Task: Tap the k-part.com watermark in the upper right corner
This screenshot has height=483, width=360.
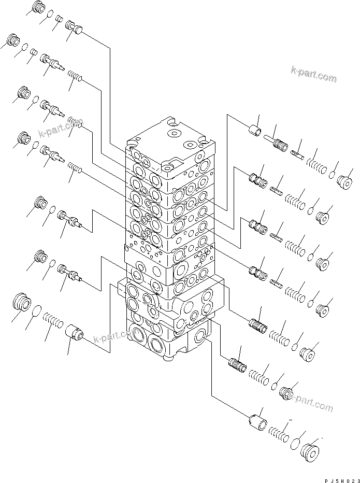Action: point(313,75)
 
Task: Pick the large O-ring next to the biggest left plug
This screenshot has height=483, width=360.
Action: point(36,312)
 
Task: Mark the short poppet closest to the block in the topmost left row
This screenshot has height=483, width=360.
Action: point(74,29)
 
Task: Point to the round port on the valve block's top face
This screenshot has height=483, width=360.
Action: point(172,134)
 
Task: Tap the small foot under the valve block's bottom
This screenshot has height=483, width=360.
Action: point(167,359)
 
